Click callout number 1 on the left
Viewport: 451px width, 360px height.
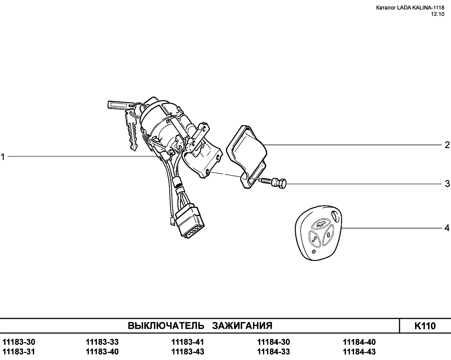tap(3, 157)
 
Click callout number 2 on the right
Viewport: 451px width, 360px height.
tap(447, 145)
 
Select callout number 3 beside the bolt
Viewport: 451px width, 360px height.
tap(447, 184)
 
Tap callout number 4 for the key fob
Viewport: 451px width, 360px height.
tap(447, 228)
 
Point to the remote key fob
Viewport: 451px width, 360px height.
tap(318, 233)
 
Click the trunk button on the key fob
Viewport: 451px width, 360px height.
tap(320, 225)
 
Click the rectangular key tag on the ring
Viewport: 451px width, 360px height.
tap(118, 105)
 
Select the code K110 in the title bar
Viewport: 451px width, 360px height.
tap(425, 326)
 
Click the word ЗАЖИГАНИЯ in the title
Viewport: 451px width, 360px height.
tap(242, 326)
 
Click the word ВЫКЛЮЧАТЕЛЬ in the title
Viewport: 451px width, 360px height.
tap(166, 326)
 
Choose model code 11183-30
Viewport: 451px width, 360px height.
tap(19, 342)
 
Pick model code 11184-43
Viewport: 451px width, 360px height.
tap(359, 352)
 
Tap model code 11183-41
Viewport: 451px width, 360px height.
tap(187, 342)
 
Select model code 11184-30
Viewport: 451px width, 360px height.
tap(273, 342)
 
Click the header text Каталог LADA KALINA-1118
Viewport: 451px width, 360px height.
tap(410, 8)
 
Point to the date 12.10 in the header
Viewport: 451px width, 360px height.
tap(437, 14)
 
